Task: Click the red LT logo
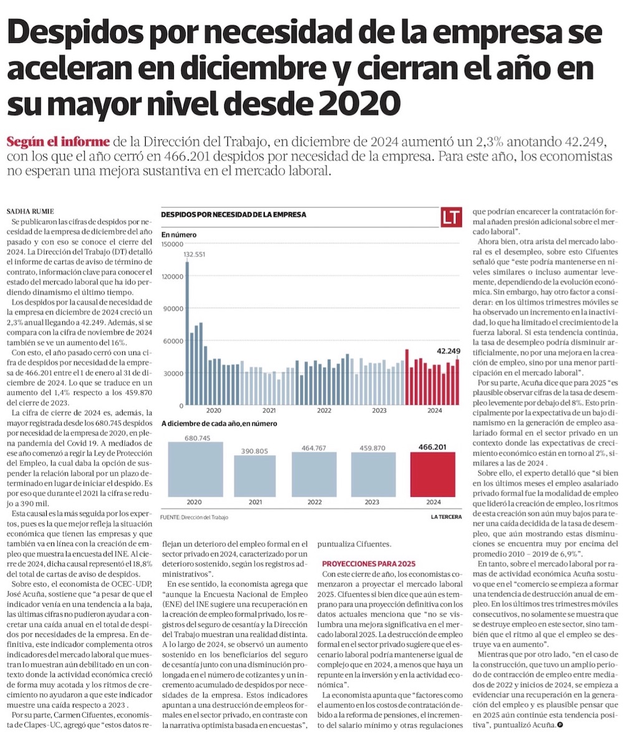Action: tap(451, 217)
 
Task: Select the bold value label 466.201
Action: tap(433, 446)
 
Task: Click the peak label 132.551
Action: tap(194, 254)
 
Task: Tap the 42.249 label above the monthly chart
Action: tap(448, 350)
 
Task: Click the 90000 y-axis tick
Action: tap(174, 309)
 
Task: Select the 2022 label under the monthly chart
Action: tap(324, 411)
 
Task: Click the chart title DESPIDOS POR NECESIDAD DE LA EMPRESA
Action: tap(234, 214)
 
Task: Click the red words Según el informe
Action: tap(58, 140)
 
